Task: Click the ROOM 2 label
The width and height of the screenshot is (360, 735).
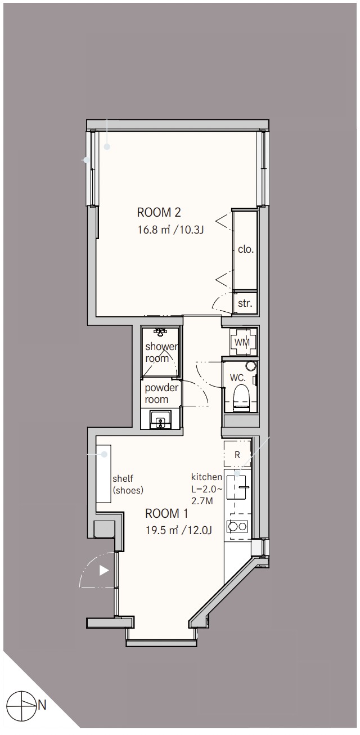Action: click(x=159, y=212)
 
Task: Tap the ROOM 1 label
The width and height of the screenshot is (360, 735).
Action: click(x=166, y=513)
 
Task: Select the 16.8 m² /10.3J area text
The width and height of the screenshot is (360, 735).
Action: click(x=170, y=230)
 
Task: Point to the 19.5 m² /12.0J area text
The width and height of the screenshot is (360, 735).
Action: click(x=179, y=530)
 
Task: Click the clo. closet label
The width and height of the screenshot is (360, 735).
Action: click(x=246, y=249)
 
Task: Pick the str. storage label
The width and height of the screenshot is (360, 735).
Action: click(x=245, y=303)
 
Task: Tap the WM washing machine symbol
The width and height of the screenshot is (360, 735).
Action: click(x=242, y=342)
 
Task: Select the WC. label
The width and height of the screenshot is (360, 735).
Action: click(x=238, y=378)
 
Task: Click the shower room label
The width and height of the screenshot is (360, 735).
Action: click(x=161, y=352)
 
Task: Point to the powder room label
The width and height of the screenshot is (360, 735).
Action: click(x=161, y=394)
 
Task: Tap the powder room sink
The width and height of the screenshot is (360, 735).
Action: click(x=160, y=420)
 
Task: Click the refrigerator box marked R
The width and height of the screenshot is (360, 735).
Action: click(x=237, y=455)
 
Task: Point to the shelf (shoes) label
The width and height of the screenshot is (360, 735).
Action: click(x=128, y=485)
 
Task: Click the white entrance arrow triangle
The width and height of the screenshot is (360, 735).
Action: click(x=104, y=570)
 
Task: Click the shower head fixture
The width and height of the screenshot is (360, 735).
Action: click(x=160, y=332)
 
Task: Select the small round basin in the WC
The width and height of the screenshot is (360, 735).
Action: click(x=251, y=366)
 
